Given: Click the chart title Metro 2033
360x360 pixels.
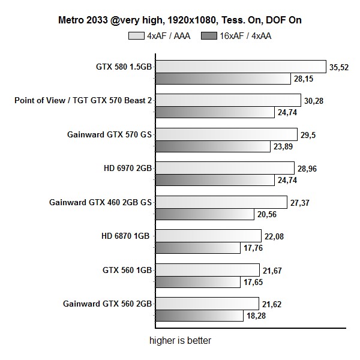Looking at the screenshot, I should click(x=179, y=20).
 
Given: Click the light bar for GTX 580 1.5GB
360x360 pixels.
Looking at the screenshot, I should click(x=240, y=67).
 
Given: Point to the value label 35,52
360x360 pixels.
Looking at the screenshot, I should click(x=340, y=67).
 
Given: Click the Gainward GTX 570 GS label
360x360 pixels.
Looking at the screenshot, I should click(x=110, y=134).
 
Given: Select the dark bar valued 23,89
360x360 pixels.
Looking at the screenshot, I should click(x=213, y=146).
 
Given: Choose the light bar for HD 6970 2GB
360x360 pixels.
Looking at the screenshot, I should click(x=225, y=168).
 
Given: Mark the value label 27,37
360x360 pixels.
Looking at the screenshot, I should click(x=300, y=203).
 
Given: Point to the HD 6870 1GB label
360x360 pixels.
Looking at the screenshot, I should click(x=126, y=236).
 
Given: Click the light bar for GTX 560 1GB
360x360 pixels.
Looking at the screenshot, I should click(x=207, y=270).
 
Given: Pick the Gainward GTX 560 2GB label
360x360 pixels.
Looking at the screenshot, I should click(x=107, y=304).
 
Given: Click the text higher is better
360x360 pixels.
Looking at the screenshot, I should click(x=181, y=341).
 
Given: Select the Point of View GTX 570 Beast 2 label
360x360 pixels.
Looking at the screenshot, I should click(x=83, y=100).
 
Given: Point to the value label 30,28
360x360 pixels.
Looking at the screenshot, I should click(x=314, y=101).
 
